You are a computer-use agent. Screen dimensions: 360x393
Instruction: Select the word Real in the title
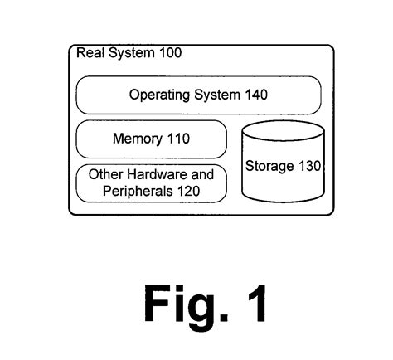click(90, 53)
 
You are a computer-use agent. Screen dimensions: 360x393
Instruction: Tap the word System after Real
click(129, 53)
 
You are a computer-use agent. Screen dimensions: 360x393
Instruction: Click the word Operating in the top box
click(155, 95)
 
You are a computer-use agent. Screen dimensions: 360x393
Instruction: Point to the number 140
click(255, 95)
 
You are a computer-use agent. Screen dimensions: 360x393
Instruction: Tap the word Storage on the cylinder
click(269, 166)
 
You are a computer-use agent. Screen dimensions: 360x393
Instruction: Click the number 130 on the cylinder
click(308, 166)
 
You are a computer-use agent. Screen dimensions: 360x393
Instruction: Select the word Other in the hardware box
click(106, 174)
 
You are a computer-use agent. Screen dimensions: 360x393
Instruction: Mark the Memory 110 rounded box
click(151, 139)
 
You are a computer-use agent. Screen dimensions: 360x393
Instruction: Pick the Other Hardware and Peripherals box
click(151, 182)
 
